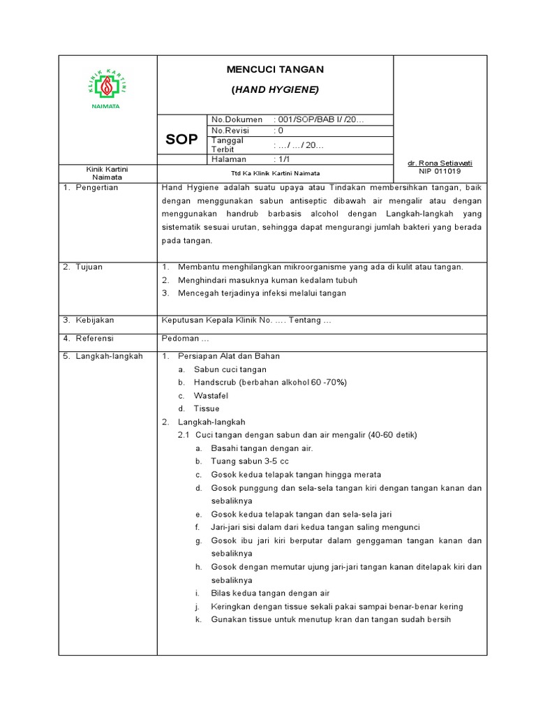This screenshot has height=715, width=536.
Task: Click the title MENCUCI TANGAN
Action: pos(275,70)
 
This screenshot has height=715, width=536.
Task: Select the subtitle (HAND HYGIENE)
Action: pos(275,90)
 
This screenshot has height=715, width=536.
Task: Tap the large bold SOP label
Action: pos(181,140)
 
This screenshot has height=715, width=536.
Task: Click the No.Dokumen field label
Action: pos(237,120)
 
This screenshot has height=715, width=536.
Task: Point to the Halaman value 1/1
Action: pos(282,160)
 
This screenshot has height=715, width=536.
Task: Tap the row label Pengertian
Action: pos(97,187)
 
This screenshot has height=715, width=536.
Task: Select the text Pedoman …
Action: pos(186,338)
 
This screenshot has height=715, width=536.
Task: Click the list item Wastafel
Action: pos(211,395)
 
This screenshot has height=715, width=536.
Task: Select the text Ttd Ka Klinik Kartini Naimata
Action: pos(275,173)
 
